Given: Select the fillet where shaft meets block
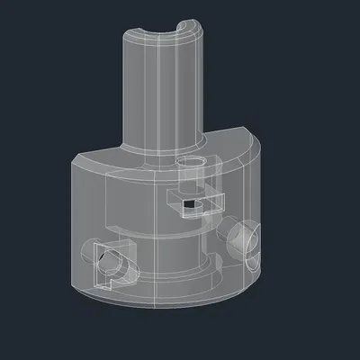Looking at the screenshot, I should pos(162,147).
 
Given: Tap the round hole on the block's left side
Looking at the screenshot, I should pos(106,263).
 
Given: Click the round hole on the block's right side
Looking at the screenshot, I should pos(242,238).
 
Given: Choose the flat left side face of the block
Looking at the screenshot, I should pos(81,225).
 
